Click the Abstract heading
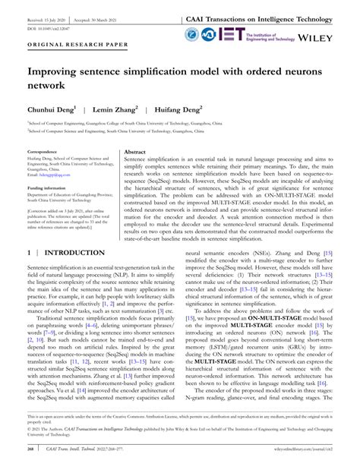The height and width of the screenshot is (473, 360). pos(135,152)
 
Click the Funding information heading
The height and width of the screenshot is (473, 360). pos(47,187)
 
